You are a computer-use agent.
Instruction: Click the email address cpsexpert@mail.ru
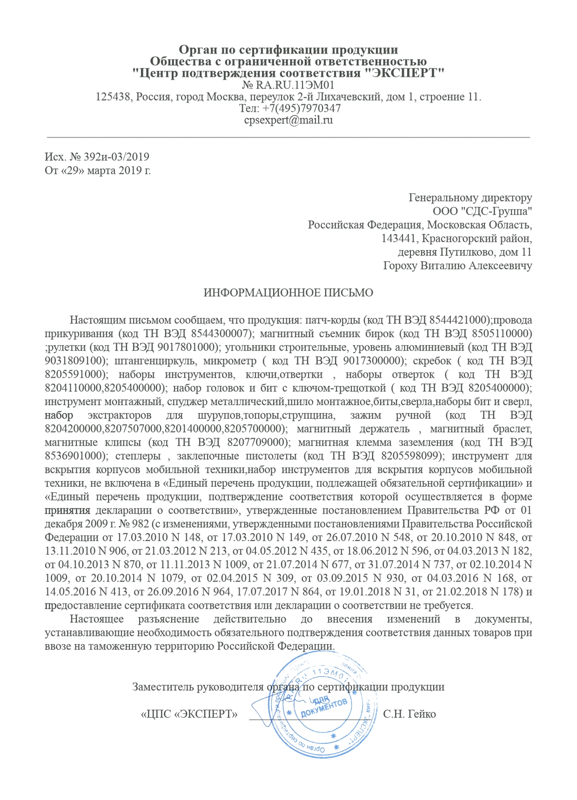[x=288, y=120]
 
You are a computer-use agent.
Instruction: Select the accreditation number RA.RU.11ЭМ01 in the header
[x=295, y=85]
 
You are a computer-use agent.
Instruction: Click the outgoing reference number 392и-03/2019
[x=117, y=156]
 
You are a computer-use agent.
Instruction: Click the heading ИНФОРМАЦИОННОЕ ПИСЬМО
[x=288, y=293]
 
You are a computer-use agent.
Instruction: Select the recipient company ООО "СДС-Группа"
[x=482, y=211]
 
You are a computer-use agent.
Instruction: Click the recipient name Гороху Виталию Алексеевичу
[x=457, y=266]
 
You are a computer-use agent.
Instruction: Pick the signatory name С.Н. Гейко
[x=409, y=714]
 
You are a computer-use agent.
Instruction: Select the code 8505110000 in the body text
[x=502, y=334]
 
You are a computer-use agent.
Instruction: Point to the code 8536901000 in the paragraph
[x=74, y=456]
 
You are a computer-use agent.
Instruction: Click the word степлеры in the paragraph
[x=138, y=456]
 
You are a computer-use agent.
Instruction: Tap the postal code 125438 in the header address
[x=114, y=97]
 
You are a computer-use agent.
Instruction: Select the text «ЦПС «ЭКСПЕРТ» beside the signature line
[x=189, y=714]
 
